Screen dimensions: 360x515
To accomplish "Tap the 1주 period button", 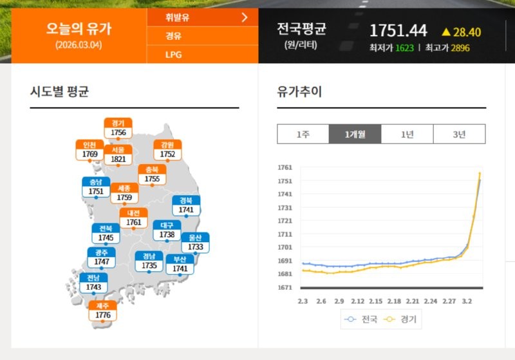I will (303, 134).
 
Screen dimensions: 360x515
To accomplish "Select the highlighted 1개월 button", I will (355, 134).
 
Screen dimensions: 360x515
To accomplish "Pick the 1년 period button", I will (407, 134).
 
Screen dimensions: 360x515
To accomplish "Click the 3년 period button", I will (459, 134).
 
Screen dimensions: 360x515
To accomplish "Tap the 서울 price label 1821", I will (118, 159).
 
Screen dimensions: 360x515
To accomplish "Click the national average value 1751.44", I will (398, 31).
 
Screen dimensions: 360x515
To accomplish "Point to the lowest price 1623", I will (404, 48).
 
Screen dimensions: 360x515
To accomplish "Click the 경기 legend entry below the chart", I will (402, 319).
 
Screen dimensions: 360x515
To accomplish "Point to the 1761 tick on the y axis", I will (285, 167).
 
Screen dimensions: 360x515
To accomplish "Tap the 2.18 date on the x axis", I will (395, 301).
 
